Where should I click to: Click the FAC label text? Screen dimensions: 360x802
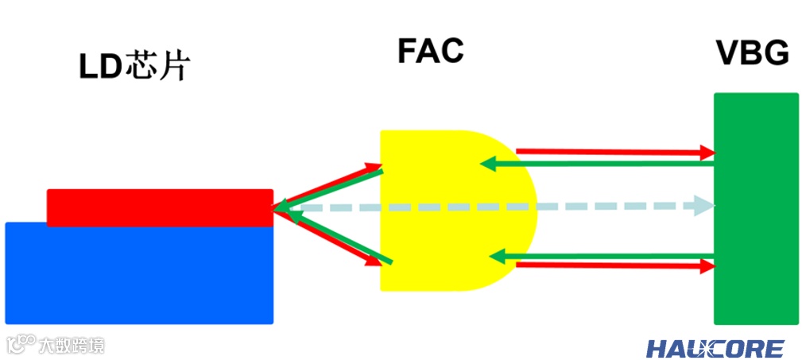[x=430, y=52]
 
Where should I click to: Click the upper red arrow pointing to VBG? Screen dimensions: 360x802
[x=612, y=151]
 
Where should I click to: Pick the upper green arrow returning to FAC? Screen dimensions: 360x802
[x=596, y=164]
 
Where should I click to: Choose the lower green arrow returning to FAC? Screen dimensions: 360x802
[x=596, y=256]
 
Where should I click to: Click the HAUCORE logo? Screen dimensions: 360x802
[x=715, y=348]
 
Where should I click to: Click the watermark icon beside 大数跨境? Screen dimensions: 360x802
[x=21, y=343]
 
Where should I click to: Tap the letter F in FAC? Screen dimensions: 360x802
[x=406, y=52]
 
